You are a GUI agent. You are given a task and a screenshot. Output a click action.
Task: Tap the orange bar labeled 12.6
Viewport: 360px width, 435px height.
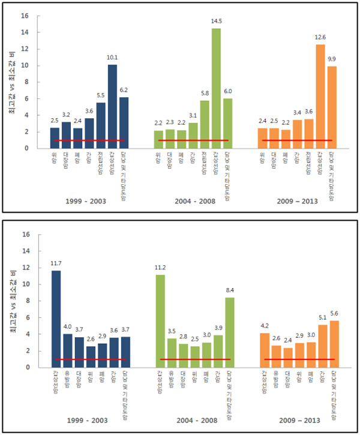pos(320,96)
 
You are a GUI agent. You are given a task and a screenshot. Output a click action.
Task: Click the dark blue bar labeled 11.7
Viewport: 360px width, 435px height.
pos(55,319)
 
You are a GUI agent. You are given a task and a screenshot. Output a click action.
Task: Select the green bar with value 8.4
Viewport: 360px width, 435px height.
pos(230,332)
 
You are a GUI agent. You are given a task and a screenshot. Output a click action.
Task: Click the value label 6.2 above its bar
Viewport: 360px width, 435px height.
pos(124,91)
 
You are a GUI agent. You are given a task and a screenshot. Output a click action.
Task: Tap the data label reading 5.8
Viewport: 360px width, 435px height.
pos(205,94)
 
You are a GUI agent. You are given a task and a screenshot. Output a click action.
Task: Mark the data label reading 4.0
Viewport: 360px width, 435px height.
pos(67,327)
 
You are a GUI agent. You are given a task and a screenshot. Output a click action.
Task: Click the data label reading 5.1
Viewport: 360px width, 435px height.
pos(322,318)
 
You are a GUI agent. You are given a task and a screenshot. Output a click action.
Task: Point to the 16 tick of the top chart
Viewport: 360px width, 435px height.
pos(25,16)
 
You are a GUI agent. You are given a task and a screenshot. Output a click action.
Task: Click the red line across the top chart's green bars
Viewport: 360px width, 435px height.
pos(194,140)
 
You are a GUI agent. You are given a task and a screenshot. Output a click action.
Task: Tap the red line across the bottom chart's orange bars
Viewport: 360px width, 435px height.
pos(298,359)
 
